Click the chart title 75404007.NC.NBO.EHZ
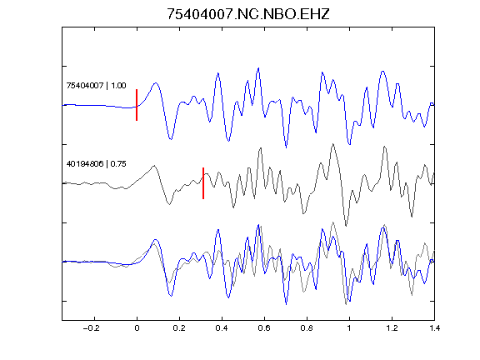point(248,14)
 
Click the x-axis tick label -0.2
point(92,328)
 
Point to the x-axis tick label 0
point(137,328)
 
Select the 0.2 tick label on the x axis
point(179,328)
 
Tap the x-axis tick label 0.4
point(222,328)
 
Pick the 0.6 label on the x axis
point(264,328)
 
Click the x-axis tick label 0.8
point(307,328)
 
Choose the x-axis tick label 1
point(349,328)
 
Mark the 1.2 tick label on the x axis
point(392,328)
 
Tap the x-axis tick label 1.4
point(434,328)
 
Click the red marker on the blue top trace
point(137,105)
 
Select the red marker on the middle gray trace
point(203,183)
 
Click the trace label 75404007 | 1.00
point(96,85)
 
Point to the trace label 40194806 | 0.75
point(96,164)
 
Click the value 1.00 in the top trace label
point(118,85)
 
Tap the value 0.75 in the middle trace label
point(118,164)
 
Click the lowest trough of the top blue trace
point(286,147)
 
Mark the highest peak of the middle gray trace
point(333,144)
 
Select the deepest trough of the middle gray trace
point(346,226)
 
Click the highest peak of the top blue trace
point(258,68)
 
